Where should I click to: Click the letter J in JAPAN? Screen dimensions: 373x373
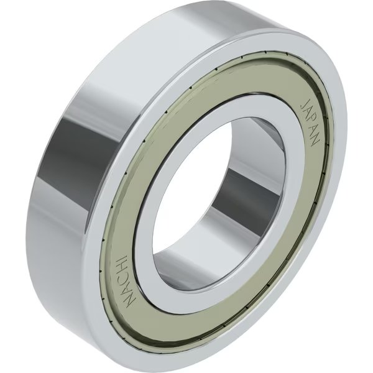coord(305,101)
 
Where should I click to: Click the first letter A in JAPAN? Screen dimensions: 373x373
coord(308,110)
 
